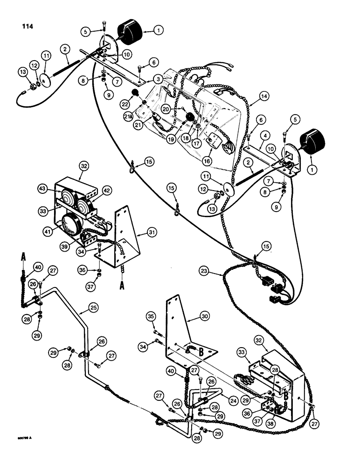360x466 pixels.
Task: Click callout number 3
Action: pyautogui.click(x=159, y=80)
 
